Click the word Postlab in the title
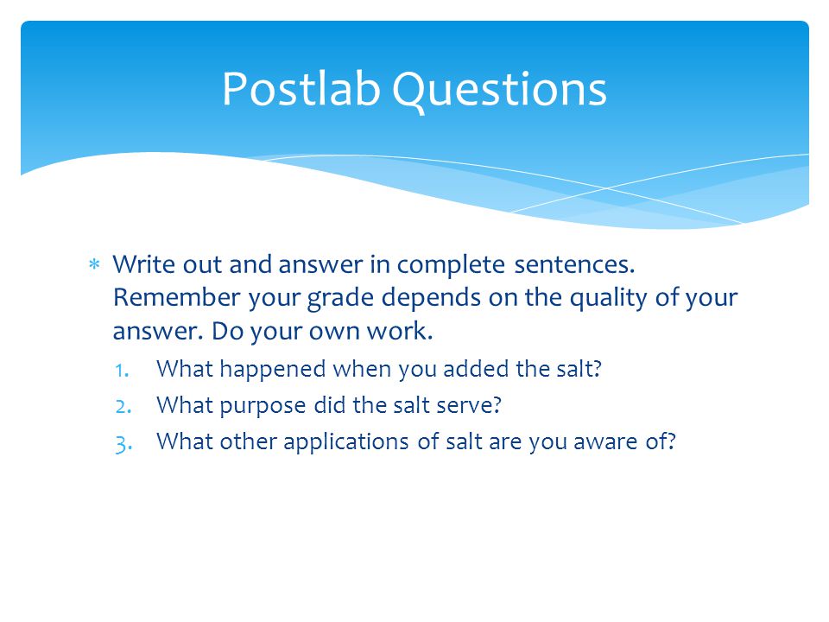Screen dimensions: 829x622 (x=301, y=89)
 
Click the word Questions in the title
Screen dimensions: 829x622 (x=499, y=91)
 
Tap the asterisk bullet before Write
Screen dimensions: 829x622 (x=94, y=264)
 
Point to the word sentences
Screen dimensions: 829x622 (x=574, y=265)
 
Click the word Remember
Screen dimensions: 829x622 (x=176, y=297)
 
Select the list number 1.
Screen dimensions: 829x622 (x=122, y=371)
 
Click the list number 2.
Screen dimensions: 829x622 (x=123, y=407)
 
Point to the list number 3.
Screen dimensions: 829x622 (x=123, y=444)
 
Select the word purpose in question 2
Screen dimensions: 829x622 (x=263, y=407)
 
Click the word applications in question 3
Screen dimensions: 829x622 (x=345, y=443)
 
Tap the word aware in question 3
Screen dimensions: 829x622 (x=604, y=443)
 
